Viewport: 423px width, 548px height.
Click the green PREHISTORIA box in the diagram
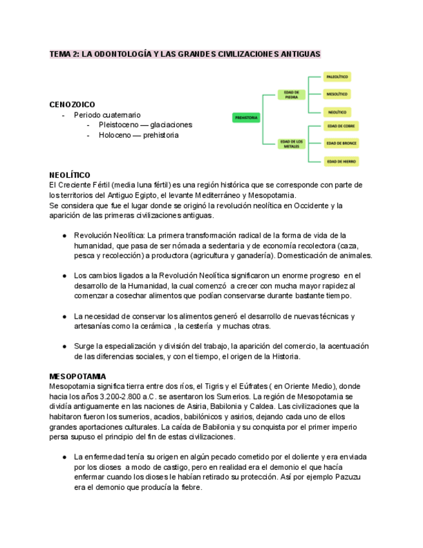pyautogui.click(x=247, y=118)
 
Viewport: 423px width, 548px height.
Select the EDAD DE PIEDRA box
pyautogui.click(x=291, y=94)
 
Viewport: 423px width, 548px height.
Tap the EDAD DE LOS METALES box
pyautogui.click(x=291, y=143)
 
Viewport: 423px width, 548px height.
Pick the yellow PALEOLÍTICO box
pyautogui.click(x=337, y=77)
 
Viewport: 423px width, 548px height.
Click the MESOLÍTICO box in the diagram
pyautogui.click(x=337, y=94)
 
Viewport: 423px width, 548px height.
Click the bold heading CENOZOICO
pyautogui.click(x=72, y=104)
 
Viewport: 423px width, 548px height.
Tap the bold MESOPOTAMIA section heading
pyautogui.click(x=78, y=376)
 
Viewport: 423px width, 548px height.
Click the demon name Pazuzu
pyautogui.click(x=348, y=477)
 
